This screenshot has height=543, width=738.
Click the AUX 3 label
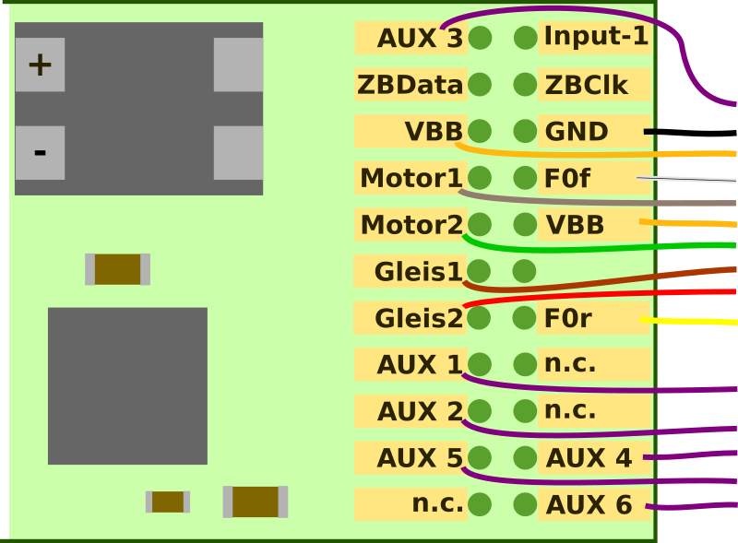[411, 39]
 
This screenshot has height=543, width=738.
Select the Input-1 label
[595, 37]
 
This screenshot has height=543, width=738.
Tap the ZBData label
[410, 85]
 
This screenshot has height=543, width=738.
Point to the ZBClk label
[587, 86]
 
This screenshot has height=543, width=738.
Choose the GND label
[577, 132]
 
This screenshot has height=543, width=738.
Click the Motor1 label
[410, 178]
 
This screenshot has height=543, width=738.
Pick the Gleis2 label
[417, 319]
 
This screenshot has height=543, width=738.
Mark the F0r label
[568, 319]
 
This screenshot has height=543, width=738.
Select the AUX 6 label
[589, 505]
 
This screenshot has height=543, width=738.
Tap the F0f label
[566, 179]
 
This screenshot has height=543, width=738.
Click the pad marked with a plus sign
[40, 65]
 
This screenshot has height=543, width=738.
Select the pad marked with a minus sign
[40, 152]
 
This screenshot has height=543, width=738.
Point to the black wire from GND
[692, 132]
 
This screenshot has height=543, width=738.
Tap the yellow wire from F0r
[692, 322]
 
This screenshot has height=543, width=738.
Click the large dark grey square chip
[127, 385]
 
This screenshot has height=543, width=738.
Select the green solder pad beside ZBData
[480, 85]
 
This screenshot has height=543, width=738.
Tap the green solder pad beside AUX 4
[525, 457]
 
